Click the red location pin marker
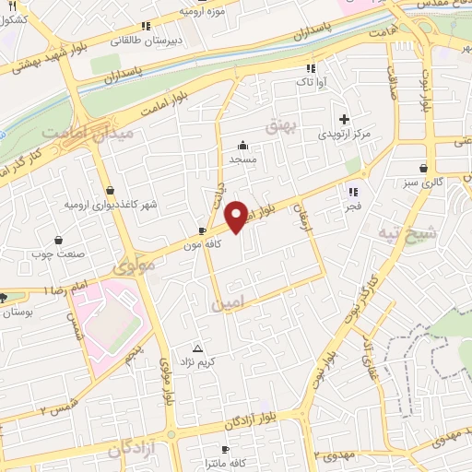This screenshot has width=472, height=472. pos(237,215)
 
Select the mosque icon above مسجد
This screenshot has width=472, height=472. pos(242,145)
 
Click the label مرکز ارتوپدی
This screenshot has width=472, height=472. pos(344,135)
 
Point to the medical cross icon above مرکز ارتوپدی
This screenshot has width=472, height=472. pos(344,119)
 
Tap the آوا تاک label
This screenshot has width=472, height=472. pos(308,83)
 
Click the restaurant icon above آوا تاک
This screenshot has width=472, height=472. pos(311,68)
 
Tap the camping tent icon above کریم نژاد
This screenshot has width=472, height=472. pos(197,348)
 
